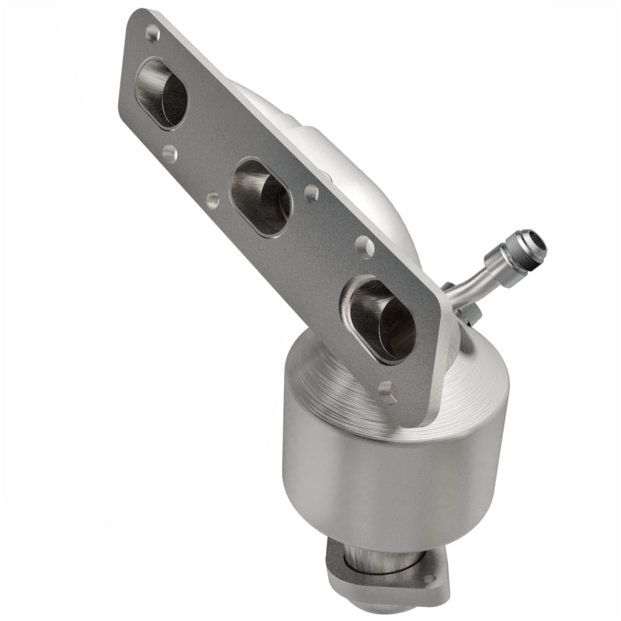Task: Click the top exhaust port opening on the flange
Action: pyautogui.click(x=161, y=92)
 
